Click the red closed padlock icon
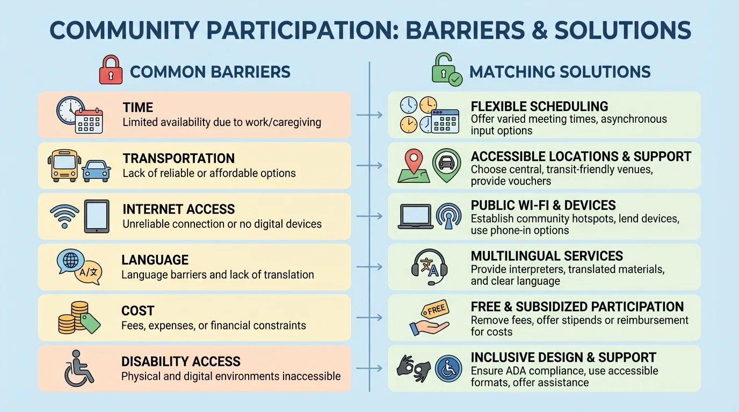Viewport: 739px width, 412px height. (x=111, y=71)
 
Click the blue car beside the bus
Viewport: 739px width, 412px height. (x=96, y=170)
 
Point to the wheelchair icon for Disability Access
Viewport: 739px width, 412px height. (x=78, y=369)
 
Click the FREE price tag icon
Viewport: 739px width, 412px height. (x=435, y=310)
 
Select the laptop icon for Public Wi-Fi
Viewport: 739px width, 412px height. (x=415, y=216)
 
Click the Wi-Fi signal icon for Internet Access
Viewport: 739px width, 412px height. (x=64, y=215)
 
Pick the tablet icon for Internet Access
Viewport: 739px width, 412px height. (x=97, y=216)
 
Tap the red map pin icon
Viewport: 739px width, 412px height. (x=413, y=160)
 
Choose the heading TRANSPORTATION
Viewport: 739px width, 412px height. (x=178, y=159)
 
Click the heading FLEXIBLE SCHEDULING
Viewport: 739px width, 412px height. (x=539, y=106)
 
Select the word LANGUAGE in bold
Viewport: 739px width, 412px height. (x=155, y=260)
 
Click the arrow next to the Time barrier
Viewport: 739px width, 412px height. (x=369, y=115)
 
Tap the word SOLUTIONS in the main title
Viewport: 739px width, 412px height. (x=622, y=31)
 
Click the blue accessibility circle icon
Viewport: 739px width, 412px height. (x=448, y=369)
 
